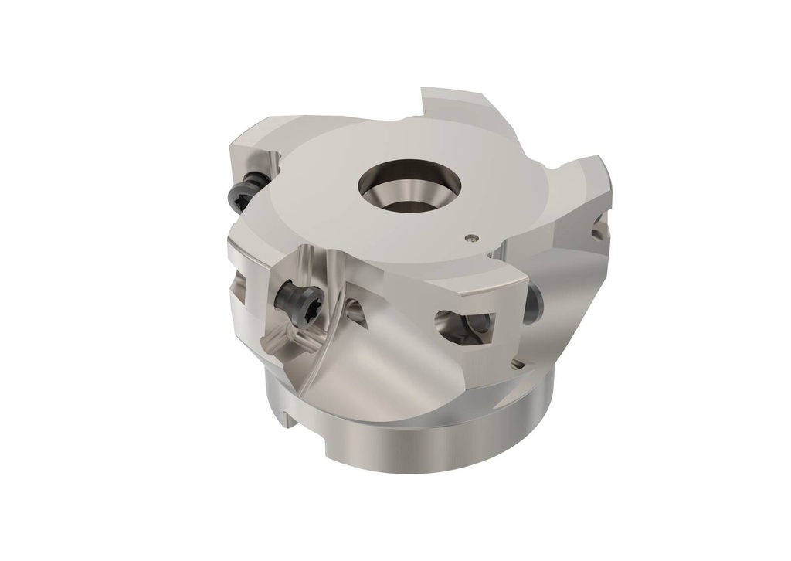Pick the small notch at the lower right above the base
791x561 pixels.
coord(516,362)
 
